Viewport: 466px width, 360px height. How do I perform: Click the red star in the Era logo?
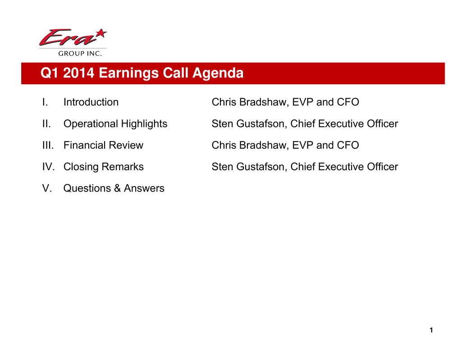click(101, 33)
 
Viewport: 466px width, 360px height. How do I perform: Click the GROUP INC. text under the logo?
click(80, 54)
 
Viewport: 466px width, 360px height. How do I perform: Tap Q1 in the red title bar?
click(50, 73)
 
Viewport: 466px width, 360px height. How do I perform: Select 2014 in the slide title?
click(79, 73)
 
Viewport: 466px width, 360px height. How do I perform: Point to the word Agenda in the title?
click(218, 73)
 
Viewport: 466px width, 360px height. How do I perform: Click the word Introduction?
click(91, 102)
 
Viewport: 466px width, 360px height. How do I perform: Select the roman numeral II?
click(46, 123)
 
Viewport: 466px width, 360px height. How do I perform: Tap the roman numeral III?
click(48, 145)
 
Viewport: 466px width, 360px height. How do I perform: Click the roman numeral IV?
click(48, 167)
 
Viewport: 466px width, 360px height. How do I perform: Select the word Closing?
click(81, 167)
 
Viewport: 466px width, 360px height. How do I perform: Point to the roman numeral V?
click(47, 188)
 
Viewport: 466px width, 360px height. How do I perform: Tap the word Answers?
click(144, 188)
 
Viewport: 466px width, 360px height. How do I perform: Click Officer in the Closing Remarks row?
click(383, 167)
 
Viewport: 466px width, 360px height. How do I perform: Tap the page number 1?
click(431, 330)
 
